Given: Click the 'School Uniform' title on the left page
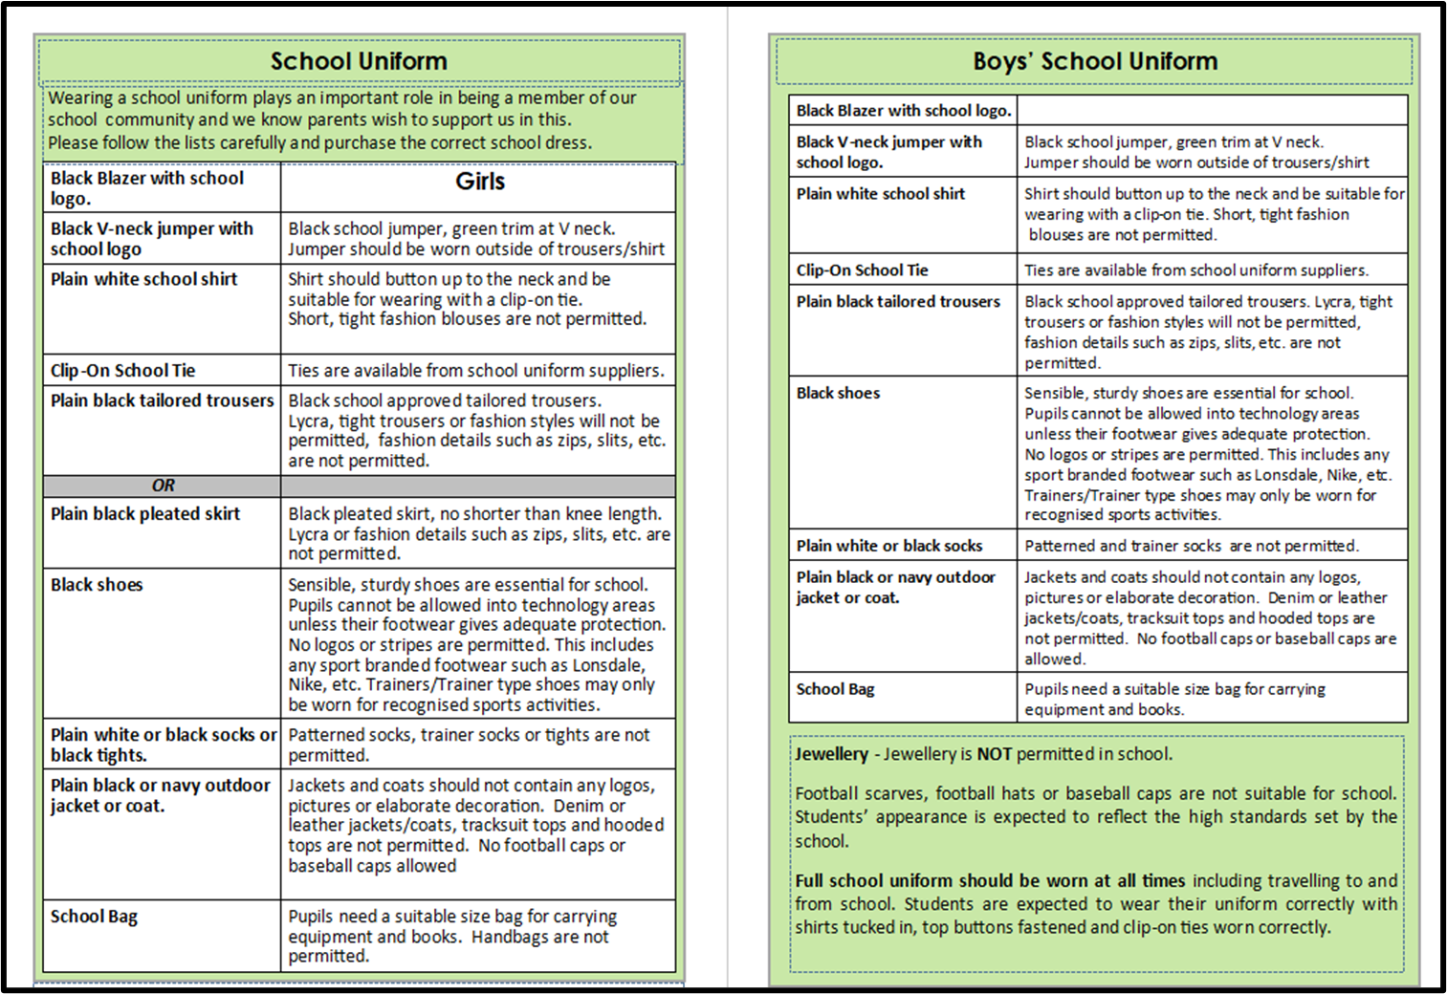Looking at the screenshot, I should [x=359, y=61].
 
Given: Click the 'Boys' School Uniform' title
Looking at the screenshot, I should [x=1095, y=61].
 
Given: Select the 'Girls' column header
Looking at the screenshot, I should [x=479, y=182].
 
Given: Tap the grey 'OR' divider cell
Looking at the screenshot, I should [x=164, y=486].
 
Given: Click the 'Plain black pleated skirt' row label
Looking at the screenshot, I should [x=145, y=514].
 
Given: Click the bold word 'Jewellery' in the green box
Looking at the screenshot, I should [x=831, y=754].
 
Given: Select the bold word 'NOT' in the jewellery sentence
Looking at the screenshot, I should [x=994, y=754].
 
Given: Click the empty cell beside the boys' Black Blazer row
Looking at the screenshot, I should [x=1212, y=111].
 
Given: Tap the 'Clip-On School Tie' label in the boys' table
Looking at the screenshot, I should [x=862, y=270].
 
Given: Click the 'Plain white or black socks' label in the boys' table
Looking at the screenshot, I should [x=889, y=546].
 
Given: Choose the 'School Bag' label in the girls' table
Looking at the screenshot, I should [x=94, y=917].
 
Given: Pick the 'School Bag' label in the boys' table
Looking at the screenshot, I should [x=835, y=689].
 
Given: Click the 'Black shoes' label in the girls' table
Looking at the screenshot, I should [x=97, y=585].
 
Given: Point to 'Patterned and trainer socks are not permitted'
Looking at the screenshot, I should [x=1191, y=546].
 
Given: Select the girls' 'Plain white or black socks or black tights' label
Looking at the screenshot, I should [x=163, y=745].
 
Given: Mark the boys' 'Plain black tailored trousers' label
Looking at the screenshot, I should [x=898, y=302].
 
